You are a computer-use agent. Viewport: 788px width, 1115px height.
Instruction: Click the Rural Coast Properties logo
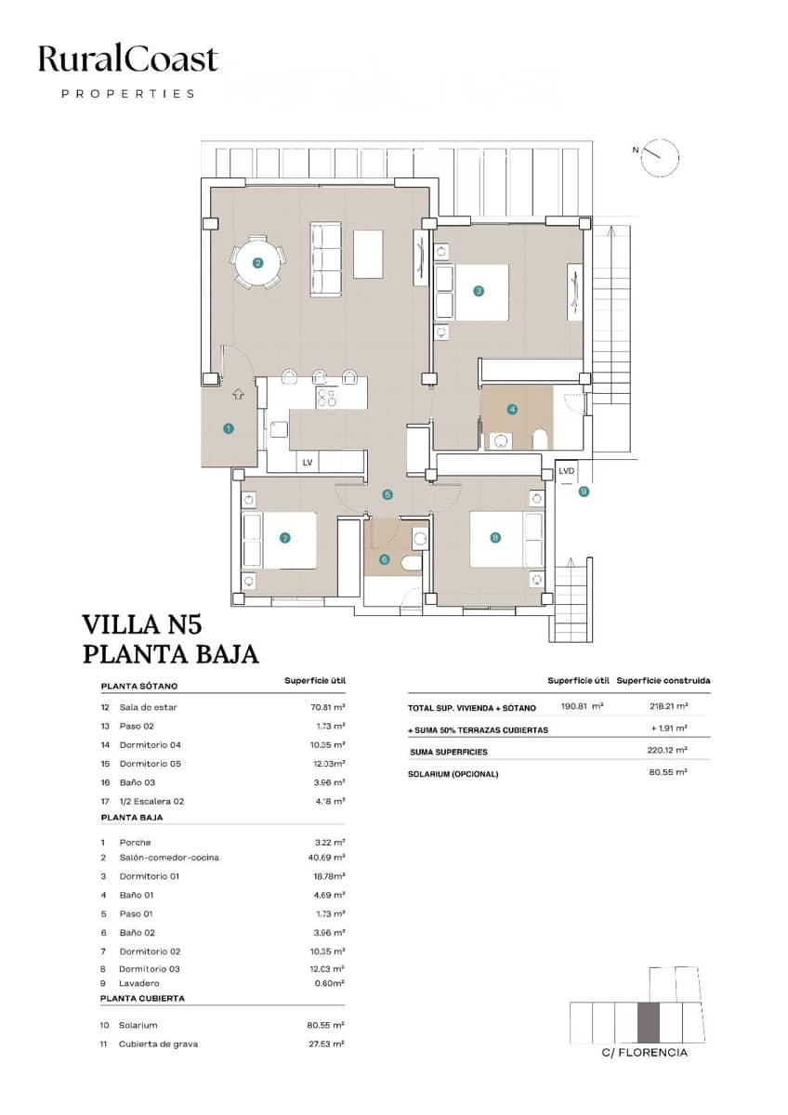pos(127,70)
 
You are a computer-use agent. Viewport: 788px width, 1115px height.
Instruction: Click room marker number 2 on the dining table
pos(257,263)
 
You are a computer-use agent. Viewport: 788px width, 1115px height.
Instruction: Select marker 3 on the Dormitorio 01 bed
pos(479,291)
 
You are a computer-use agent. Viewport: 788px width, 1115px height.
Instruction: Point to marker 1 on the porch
pos(228,428)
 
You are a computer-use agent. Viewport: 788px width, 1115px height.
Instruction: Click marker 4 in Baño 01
pos(511,409)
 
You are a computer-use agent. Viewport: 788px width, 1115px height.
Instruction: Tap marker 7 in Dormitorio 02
pos(285,537)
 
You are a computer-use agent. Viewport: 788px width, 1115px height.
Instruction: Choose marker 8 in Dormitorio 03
pos(495,537)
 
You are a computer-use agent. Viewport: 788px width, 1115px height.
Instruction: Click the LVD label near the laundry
pos(566,471)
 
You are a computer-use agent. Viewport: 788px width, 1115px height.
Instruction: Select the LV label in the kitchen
pos(307,461)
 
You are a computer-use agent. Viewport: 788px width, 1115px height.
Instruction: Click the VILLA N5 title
pos(141,623)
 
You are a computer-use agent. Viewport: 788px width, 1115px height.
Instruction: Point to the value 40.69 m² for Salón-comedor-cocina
pos(327,858)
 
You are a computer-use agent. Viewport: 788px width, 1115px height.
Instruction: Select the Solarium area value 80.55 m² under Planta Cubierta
pos(327,1025)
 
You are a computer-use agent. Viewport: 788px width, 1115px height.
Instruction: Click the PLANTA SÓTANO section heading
pos(139,687)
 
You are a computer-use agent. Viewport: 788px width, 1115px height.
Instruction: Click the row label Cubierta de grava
pos(158,1043)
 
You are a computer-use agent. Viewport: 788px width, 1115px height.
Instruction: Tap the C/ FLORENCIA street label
pos(645,1053)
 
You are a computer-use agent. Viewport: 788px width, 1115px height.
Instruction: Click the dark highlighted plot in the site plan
pos(648,1022)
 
